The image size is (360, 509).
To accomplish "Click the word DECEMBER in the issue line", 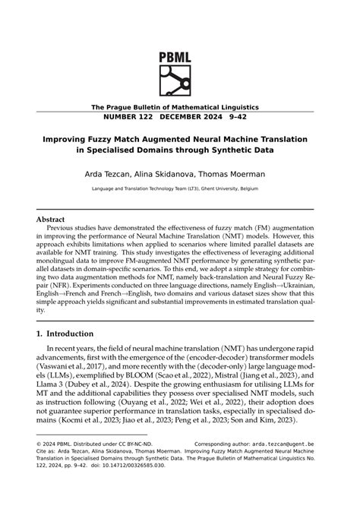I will point(213,119).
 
